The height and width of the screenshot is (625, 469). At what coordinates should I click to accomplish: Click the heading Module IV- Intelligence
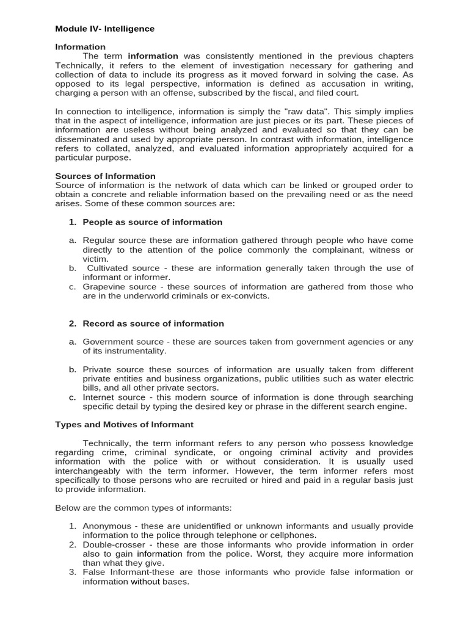(x=104, y=29)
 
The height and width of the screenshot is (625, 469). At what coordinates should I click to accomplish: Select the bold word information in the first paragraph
(x=153, y=56)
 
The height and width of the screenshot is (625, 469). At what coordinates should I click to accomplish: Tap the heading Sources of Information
(x=105, y=176)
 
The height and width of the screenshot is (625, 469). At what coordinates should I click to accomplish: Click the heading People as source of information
(x=152, y=222)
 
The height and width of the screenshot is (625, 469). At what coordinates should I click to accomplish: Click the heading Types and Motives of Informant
(x=124, y=425)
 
